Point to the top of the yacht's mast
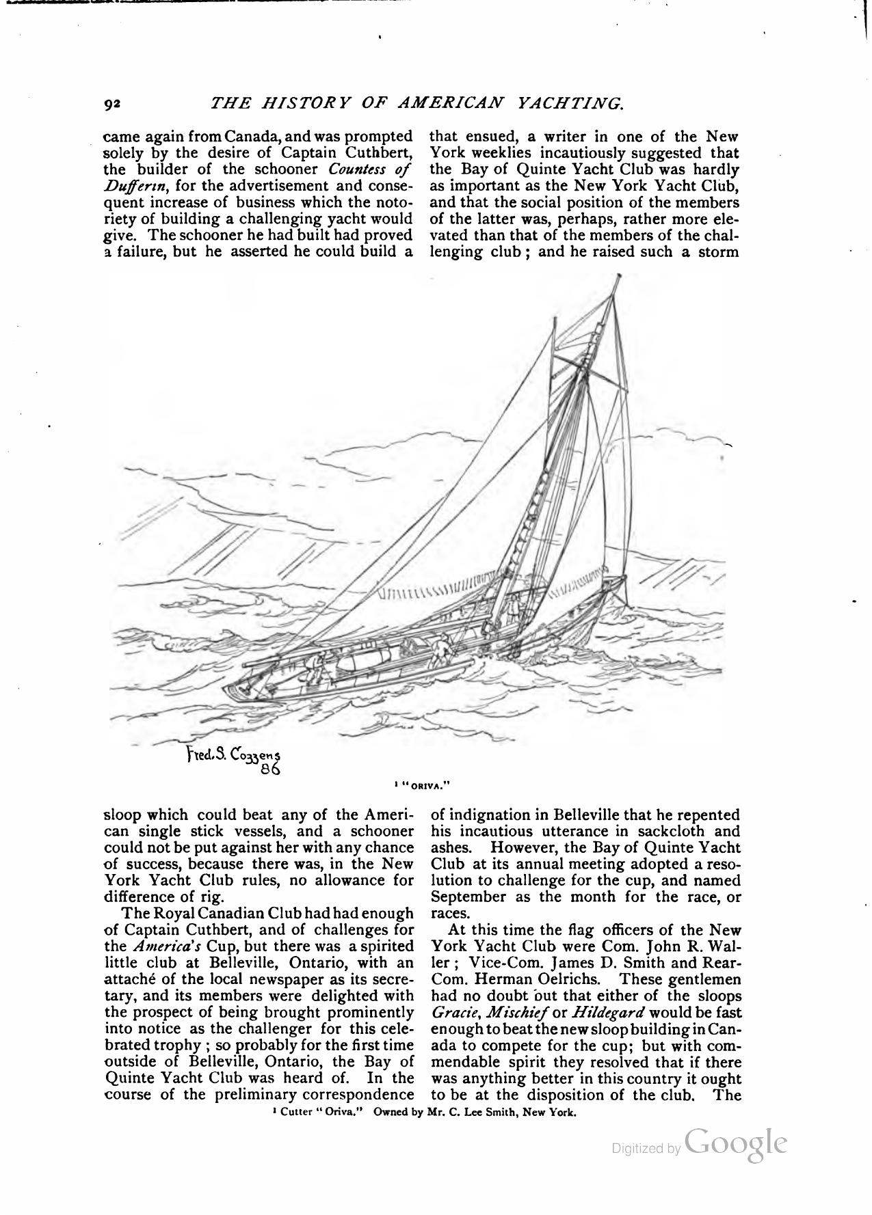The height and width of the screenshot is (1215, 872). point(619,277)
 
